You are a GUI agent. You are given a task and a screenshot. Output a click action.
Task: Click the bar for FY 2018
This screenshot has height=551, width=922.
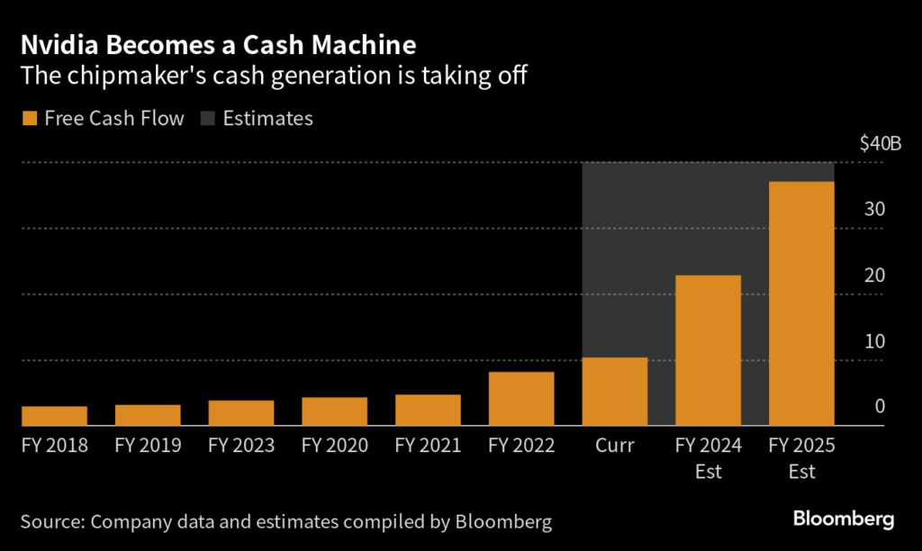pyautogui.click(x=54, y=416)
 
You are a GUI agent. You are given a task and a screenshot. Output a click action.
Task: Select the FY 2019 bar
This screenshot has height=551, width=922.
pyautogui.click(x=148, y=415)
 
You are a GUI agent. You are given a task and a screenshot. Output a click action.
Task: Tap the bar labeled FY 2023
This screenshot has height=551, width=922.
pyautogui.click(x=241, y=413)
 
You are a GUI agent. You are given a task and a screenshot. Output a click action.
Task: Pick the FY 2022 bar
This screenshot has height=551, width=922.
pyautogui.click(x=521, y=399)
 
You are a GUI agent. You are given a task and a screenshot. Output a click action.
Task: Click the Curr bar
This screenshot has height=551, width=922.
pyautogui.click(x=615, y=392)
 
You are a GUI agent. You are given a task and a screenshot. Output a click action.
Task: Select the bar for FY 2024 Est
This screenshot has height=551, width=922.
pyautogui.click(x=708, y=350)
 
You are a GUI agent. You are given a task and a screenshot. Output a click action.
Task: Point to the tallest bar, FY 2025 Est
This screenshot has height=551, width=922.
pyautogui.click(x=801, y=303)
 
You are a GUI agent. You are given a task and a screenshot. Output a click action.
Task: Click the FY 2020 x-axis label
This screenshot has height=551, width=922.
pyautogui.click(x=335, y=445)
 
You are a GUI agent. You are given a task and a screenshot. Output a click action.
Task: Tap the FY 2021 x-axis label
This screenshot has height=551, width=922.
pyautogui.click(x=428, y=445)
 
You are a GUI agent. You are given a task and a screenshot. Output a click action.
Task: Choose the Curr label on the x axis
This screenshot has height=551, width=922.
pyautogui.click(x=615, y=445)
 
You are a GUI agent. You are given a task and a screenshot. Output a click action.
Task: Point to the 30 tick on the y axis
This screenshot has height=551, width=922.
pyautogui.click(x=875, y=209)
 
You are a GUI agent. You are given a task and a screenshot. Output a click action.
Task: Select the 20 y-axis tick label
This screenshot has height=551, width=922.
pyautogui.click(x=875, y=275)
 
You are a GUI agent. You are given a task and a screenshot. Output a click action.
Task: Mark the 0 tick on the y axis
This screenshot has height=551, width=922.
pyautogui.click(x=881, y=407)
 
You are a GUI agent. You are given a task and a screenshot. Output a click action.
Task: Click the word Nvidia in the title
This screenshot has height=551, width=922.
pyautogui.click(x=58, y=44)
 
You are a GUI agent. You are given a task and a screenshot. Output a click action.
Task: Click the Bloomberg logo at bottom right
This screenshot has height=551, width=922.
pyautogui.click(x=843, y=519)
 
